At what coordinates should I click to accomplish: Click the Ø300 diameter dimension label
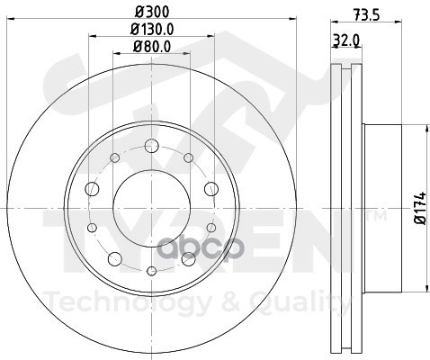coord(152,12)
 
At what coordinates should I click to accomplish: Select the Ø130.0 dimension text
coord(152,30)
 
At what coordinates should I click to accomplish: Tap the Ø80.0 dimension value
coord(152,47)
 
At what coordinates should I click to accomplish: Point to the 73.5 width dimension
coord(366,15)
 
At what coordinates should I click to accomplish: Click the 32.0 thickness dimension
coord(346,40)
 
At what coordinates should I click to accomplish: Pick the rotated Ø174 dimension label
coord(420,208)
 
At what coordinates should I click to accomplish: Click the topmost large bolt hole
coord(152,146)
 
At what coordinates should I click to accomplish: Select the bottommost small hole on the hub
coord(152,271)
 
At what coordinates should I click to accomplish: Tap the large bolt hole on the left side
coord(92,189)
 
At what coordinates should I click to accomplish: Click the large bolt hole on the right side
coord(211,189)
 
